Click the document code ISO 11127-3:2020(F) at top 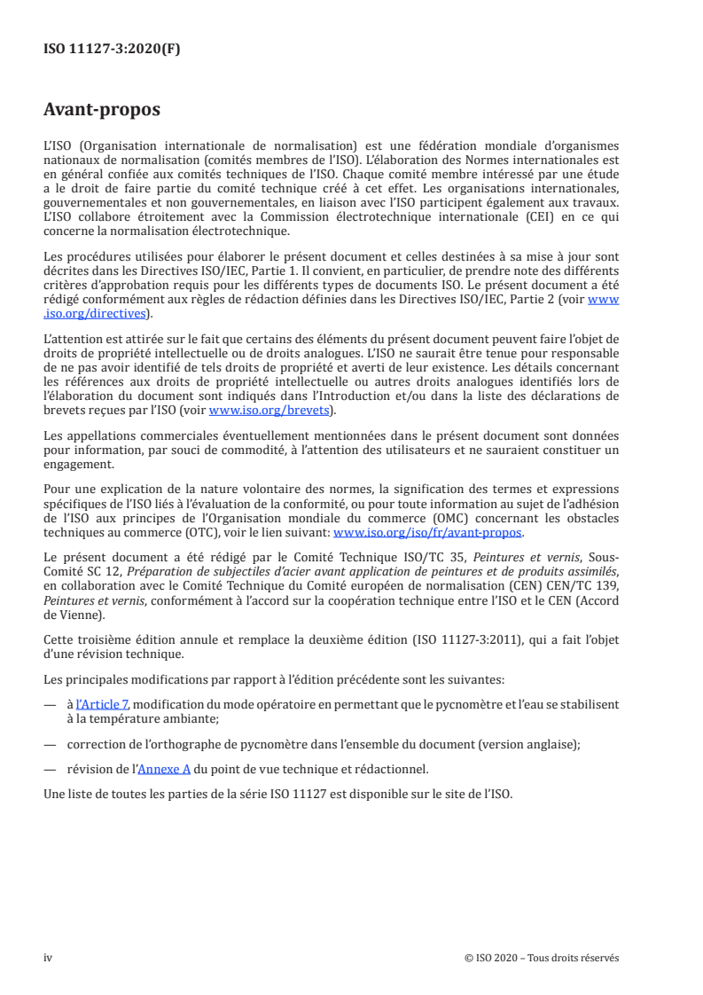click(112, 50)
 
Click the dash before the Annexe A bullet click(50, 769)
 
